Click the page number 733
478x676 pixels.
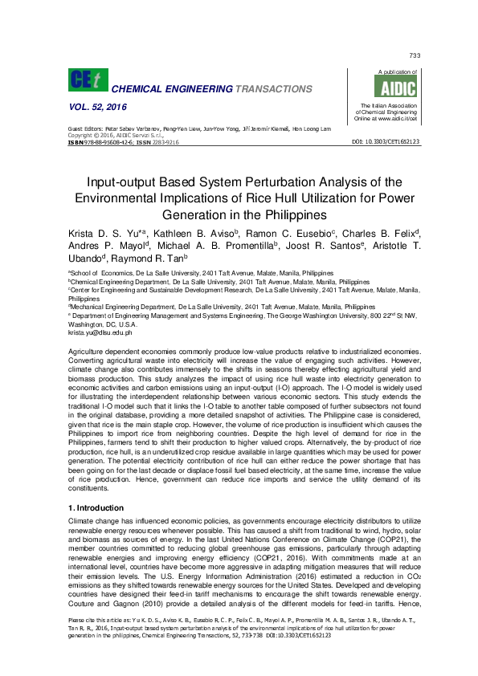pos(415,55)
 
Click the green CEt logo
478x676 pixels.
pos(88,79)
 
